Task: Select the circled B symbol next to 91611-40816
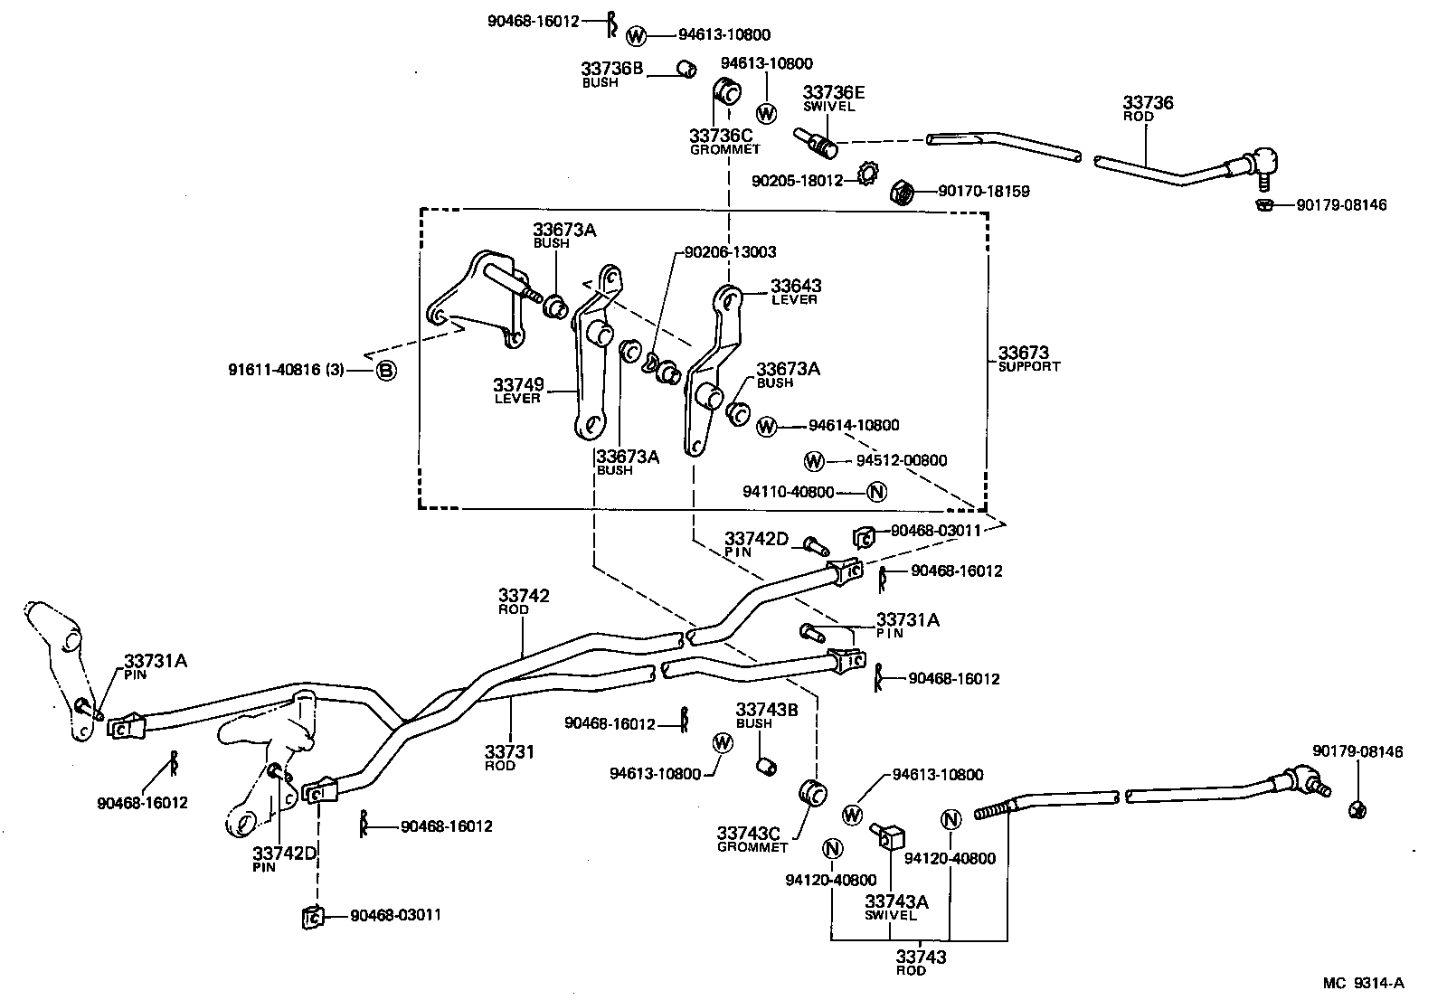pos(386,370)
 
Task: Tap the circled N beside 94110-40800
pos(875,492)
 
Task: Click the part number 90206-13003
pos(730,252)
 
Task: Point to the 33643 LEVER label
pos(796,291)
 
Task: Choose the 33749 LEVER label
pos(518,391)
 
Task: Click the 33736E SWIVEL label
pos(833,98)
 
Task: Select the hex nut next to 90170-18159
pos(902,193)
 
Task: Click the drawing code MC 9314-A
pos(1363,983)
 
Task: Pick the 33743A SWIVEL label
pos(896,907)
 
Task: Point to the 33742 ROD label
pos(524,601)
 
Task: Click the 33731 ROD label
pos(509,758)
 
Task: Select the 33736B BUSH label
pos(612,73)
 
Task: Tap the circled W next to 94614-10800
pos(766,426)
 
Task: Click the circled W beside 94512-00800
pos(814,461)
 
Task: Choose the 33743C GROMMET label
pos(752,838)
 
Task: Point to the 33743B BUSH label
pos(766,715)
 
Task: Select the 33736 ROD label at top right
pos(1148,108)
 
